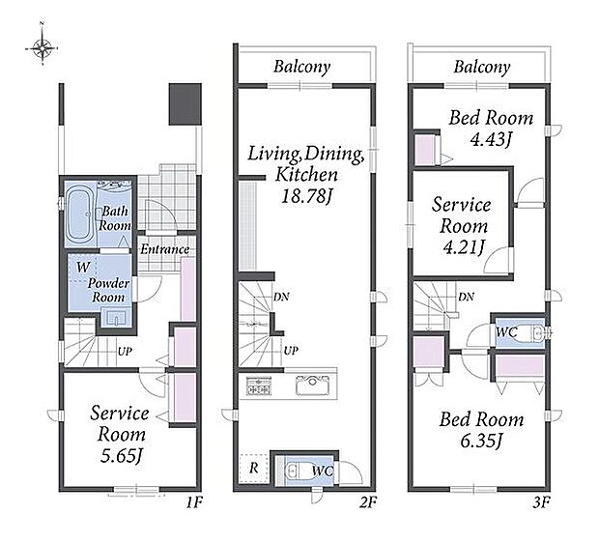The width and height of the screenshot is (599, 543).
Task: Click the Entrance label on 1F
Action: click(x=164, y=249)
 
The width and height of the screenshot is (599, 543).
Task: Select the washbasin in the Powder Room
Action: click(x=116, y=317)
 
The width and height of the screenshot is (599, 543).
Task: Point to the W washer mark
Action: click(x=83, y=267)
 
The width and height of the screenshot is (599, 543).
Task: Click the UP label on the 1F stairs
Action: click(x=125, y=351)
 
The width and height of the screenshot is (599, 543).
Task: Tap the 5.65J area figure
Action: click(x=122, y=455)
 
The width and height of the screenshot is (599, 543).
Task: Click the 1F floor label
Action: click(x=193, y=502)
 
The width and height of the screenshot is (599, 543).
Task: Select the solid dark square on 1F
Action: click(x=185, y=104)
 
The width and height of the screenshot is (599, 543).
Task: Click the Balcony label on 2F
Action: click(x=301, y=67)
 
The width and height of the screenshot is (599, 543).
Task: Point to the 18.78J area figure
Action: click(x=307, y=196)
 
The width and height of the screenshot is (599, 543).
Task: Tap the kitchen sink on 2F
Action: click(x=312, y=386)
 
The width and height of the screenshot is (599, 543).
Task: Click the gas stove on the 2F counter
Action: click(x=259, y=386)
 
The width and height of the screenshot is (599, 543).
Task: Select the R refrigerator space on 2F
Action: click(x=254, y=468)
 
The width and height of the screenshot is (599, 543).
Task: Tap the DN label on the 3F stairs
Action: click(x=466, y=297)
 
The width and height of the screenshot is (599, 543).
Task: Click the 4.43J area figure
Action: click(x=491, y=139)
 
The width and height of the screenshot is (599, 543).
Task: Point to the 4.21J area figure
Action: click(x=464, y=247)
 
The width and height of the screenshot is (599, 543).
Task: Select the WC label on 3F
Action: click(x=506, y=332)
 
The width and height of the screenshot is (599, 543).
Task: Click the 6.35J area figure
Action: click(x=481, y=441)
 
